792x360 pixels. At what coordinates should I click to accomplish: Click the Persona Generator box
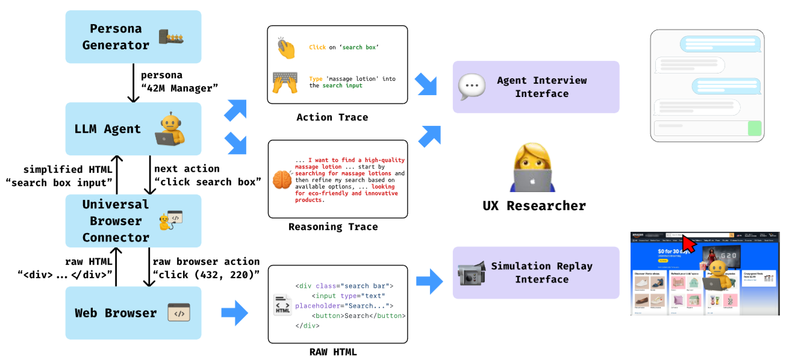pos(133,37)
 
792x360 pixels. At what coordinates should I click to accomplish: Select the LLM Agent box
pos(133,128)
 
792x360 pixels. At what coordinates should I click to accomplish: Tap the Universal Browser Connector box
pos(133,220)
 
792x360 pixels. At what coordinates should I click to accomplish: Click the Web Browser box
pos(133,312)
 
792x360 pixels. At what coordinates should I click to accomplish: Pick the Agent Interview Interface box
pos(535,87)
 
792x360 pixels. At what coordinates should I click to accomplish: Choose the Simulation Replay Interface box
pos(535,272)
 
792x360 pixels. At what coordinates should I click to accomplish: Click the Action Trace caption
pos(332,117)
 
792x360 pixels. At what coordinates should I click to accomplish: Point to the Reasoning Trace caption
pos(333,227)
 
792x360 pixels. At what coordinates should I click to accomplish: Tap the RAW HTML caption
pos(337,352)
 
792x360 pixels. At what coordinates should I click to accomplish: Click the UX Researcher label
pos(534,205)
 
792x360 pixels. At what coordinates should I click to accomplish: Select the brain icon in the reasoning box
pos(282,180)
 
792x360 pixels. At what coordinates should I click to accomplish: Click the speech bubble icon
pos(471,87)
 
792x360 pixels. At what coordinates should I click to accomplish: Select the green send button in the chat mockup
pos(754,128)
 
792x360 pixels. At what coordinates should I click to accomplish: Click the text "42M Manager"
pos(179,88)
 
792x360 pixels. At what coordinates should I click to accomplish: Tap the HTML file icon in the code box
pos(282,305)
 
